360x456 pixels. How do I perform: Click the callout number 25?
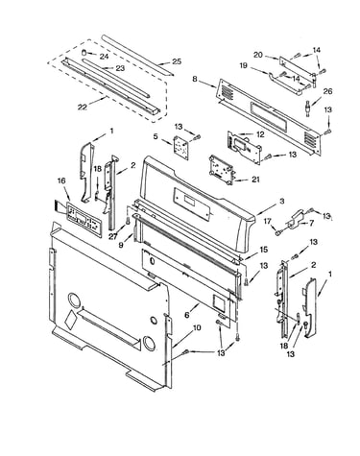point(177,61)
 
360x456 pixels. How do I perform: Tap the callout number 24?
point(104,57)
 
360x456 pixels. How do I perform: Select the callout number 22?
point(83,108)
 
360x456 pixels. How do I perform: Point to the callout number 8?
point(195,79)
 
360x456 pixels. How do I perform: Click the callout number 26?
point(327,91)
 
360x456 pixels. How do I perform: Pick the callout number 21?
point(255,180)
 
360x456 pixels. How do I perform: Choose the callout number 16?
point(61,180)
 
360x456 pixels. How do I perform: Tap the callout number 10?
point(197,327)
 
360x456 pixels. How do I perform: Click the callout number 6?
point(187,315)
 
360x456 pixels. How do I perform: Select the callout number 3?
point(281,201)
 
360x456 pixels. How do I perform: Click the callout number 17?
point(268,221)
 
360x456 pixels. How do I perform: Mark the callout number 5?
point(156,136)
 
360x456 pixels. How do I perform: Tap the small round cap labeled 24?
point(84,52)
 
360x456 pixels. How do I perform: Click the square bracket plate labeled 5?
point(180,146)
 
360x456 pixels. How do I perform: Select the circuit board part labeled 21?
point(221,170)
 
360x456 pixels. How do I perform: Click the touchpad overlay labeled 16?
point(84,219)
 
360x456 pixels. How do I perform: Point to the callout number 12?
point(260,134)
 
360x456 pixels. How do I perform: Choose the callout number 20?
point(258,55)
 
